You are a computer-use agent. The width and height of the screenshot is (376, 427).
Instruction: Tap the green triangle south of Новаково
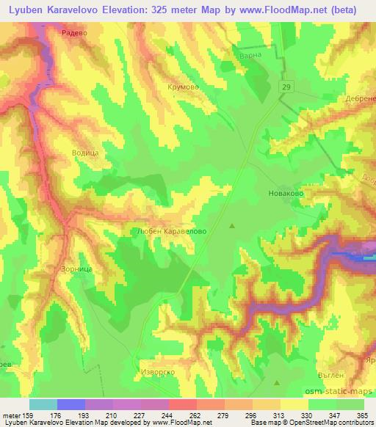click(234, 225)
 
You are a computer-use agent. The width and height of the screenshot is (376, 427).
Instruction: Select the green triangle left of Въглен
click(277, 382)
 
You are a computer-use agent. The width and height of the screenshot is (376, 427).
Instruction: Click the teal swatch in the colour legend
click(43, 404)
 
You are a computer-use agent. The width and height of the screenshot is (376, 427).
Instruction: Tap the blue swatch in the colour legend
click(70, 404)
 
